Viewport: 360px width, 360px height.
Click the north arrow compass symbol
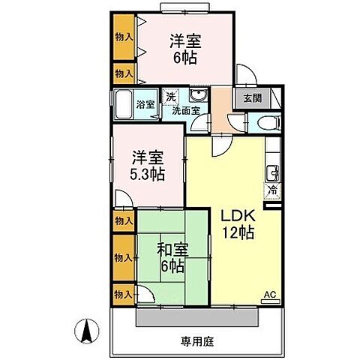pos(86,329)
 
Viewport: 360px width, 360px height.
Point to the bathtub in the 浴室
pos(122,103)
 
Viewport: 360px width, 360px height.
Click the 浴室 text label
pos(146,104)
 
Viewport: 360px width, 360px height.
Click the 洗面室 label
pos(185,110)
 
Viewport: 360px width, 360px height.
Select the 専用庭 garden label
pos(198,342)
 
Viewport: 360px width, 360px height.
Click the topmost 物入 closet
pos(124,36)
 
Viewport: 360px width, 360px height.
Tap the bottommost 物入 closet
pos(124,293)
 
